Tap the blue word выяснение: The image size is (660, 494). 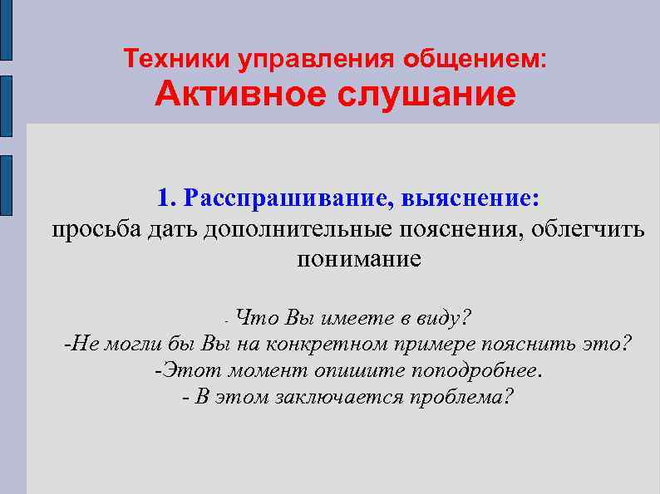pos(470,199)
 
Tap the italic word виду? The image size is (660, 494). pos(447,317)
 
